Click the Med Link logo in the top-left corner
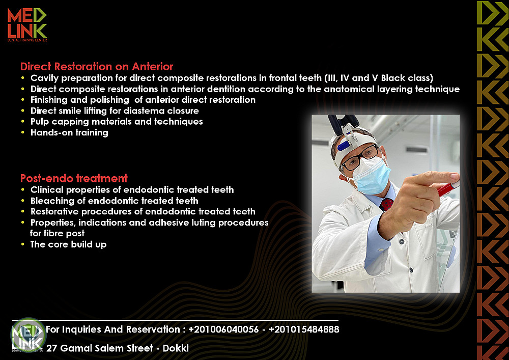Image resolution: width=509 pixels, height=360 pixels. point(27,24)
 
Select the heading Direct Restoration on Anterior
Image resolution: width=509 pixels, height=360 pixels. point(97,67)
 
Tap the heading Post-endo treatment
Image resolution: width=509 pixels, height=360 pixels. point(74,178)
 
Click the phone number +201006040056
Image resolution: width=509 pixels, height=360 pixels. point(223,329)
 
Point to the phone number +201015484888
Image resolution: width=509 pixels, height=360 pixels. point(304,329)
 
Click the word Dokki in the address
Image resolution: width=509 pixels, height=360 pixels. point(176,348)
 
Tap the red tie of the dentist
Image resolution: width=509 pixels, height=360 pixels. point(386,204)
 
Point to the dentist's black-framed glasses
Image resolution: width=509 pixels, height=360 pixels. point(360,158)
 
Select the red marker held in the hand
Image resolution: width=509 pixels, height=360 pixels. point(448,189)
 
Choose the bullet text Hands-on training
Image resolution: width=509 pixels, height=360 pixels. point(69,133)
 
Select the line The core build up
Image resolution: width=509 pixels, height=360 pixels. point(69,244)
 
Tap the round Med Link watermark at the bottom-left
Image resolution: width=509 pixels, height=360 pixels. point(28,335)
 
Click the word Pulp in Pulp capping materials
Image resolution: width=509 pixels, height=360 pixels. point(40,122)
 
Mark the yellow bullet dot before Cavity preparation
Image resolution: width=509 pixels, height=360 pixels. point(23,78)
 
